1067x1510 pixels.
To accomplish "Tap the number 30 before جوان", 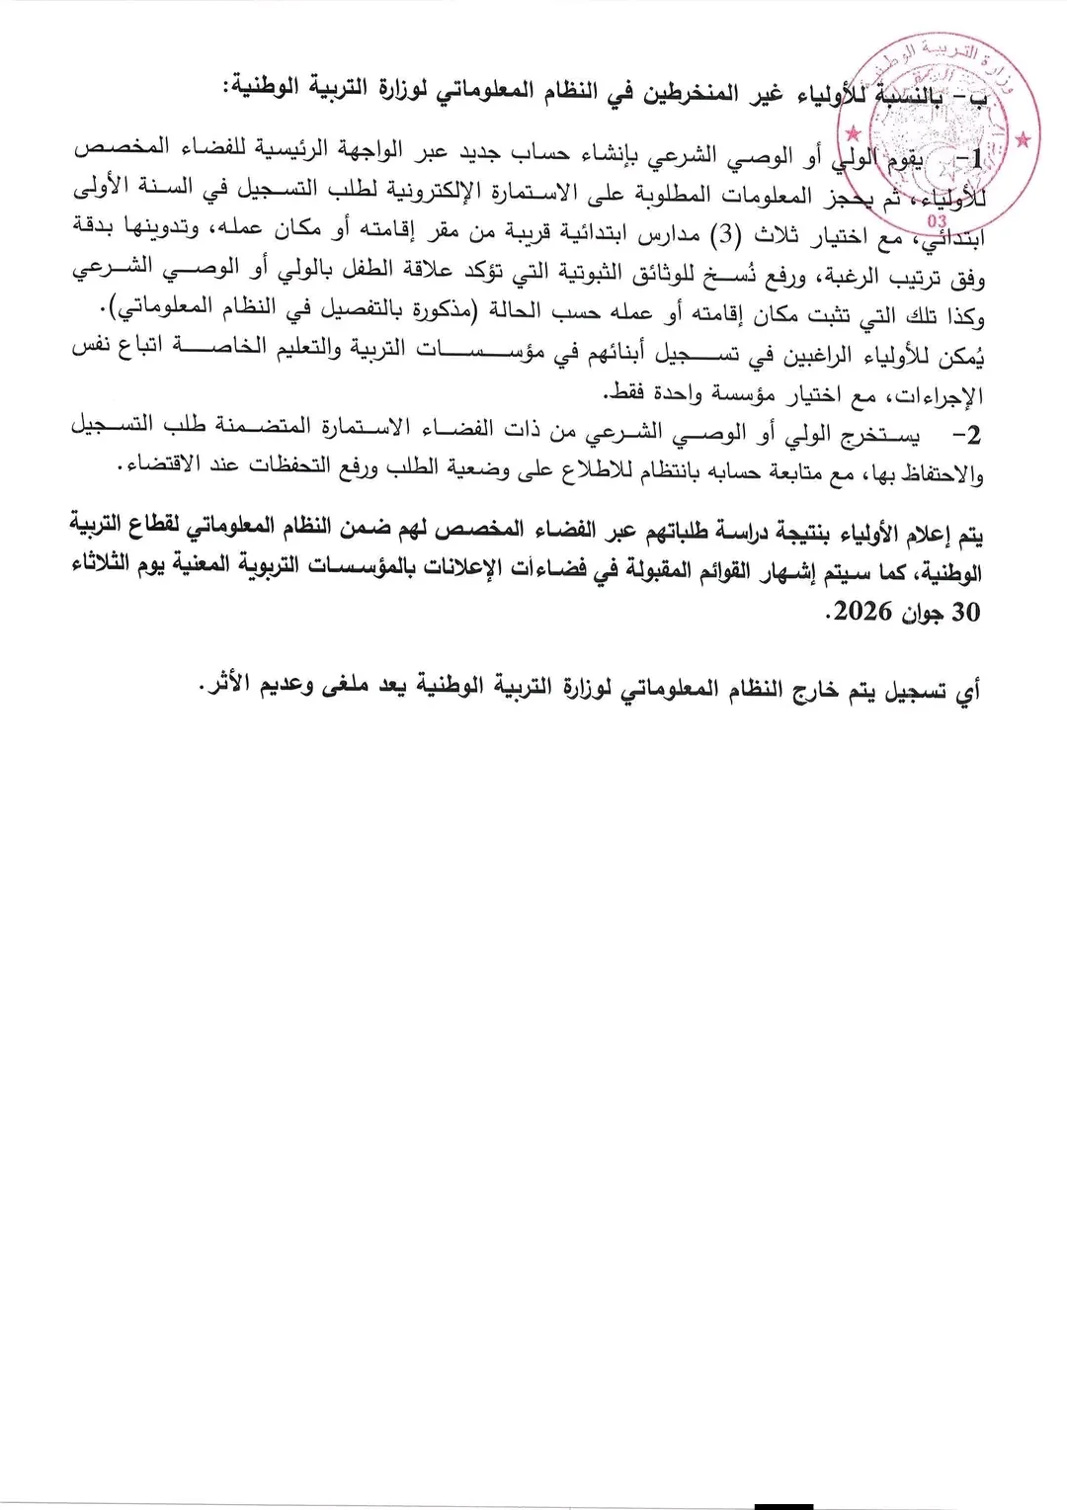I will click(x=964, y=612).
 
